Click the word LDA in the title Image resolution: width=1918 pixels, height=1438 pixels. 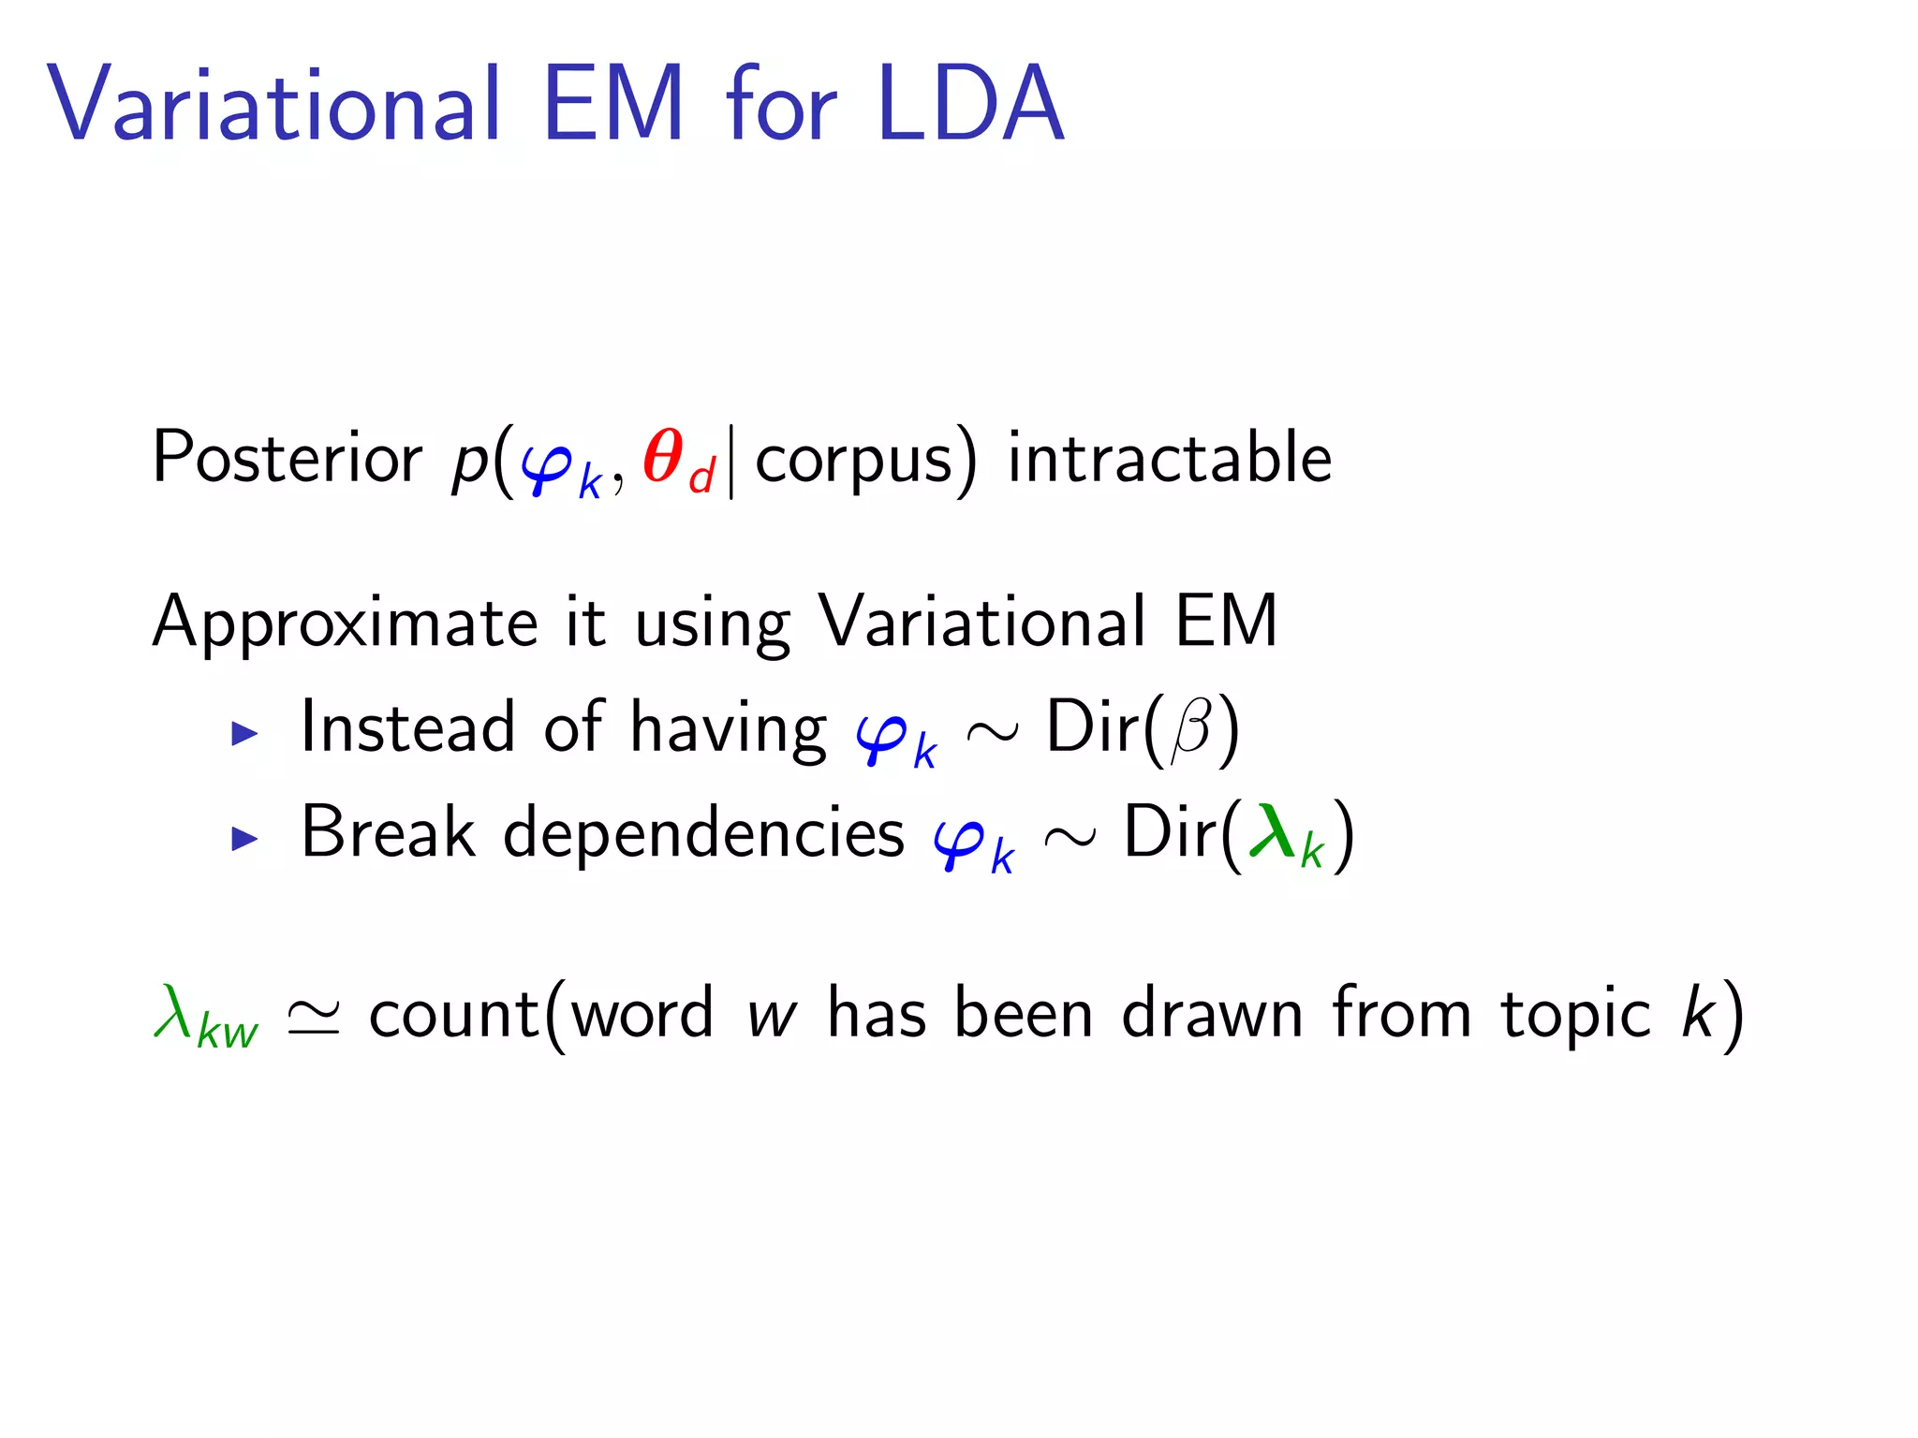point(970,105)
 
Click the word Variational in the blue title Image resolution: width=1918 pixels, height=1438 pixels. point(273,105)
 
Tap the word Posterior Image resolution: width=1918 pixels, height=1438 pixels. point(287,459)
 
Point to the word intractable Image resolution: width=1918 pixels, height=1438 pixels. point(1169,459)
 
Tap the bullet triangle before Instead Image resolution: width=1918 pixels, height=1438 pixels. point(244,733)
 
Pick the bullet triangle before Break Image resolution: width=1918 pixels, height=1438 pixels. point(244,838)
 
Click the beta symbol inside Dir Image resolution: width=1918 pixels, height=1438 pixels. point(1191,730)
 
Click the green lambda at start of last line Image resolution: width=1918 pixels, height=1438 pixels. point(174,1012)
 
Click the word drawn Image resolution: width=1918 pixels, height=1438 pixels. point(1212,1015)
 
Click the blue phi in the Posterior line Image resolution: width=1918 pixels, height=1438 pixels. point(548,465)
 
